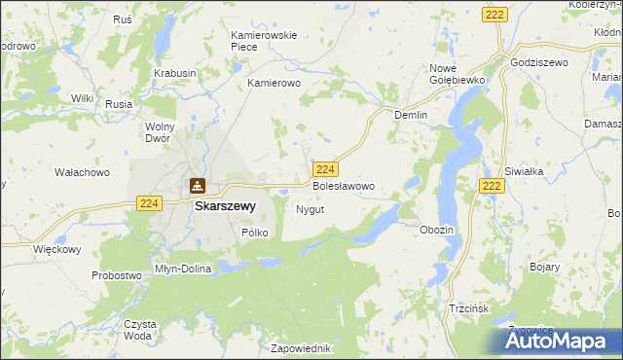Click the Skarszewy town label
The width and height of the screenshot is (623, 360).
point(225,206)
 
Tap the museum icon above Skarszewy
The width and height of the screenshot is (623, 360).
point(198,186)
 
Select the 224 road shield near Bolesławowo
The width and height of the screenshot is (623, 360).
point(327,168)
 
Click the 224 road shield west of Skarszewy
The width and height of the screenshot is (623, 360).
point(148,202)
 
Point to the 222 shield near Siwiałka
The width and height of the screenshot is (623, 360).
point(493,186)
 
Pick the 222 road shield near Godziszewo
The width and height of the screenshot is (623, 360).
point(493,14)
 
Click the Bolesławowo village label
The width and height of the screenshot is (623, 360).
point(343,185)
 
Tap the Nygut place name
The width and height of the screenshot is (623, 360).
point(310,209)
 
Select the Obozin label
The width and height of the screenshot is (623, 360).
point(435,229)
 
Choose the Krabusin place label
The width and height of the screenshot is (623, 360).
point(175,73)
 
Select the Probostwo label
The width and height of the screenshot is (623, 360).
point(117,275)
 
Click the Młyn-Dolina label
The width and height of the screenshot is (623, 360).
point(183,268)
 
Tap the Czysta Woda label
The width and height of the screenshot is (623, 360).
point(138,329)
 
